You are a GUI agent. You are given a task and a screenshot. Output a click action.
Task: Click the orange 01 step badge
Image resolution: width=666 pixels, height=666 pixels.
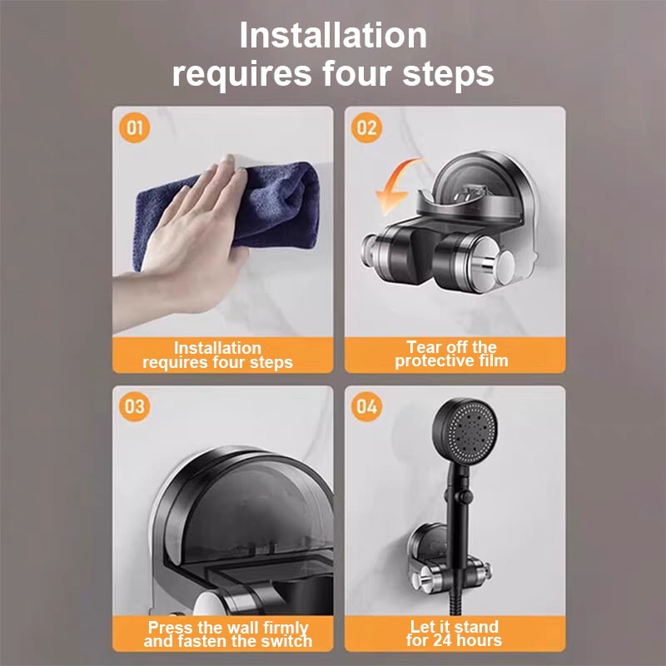(134, 127)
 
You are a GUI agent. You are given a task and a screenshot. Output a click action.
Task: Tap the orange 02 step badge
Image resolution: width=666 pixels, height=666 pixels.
(366, 127)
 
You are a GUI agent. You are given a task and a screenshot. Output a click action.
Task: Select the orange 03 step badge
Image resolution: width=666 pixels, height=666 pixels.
(134, 406)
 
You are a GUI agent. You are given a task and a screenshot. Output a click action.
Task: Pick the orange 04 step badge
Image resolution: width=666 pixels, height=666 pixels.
(366, 406)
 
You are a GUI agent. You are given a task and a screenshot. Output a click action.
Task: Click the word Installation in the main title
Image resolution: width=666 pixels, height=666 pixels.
(333, 35)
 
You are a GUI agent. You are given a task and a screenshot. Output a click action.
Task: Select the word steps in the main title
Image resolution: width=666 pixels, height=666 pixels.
(448, 74)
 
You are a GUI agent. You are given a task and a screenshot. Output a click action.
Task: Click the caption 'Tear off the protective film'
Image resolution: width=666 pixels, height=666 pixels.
(451, 354)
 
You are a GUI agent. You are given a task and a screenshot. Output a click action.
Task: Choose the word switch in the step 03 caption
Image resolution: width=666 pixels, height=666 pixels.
(289, 641)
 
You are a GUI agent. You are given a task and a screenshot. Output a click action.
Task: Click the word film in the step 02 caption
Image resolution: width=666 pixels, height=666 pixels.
(494, 361)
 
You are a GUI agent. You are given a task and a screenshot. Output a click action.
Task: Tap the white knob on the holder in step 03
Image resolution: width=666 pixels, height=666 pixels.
(209, 603)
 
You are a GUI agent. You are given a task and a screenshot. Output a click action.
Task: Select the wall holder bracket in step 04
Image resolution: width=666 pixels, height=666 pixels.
(448, 560)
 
